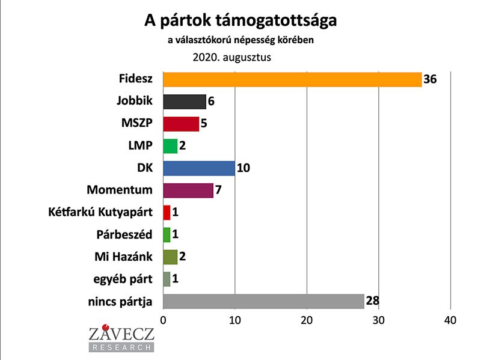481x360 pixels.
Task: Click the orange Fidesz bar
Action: [x=292, y=79]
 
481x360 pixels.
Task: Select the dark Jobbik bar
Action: [x=185, y=102]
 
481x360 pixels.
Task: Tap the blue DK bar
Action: [x=199, y=168]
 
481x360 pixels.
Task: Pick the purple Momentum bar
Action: [x=188, y=191]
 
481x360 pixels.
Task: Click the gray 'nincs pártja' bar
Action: [x=264, y=301]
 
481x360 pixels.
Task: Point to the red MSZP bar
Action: [x=181, y=124]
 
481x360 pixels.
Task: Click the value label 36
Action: [x=430, y=79]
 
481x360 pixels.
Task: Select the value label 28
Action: [x=372, y=301]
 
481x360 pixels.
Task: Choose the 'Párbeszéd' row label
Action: [x=125, y=234]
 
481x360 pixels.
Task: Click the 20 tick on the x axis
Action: [x=307, y=319]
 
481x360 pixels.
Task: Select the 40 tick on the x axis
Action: [x=450, y=319]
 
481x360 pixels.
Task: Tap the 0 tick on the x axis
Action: [x=163, y=319]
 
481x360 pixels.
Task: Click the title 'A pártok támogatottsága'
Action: [x=240, y=21]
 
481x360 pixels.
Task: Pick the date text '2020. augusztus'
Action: [x=232, y=58]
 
